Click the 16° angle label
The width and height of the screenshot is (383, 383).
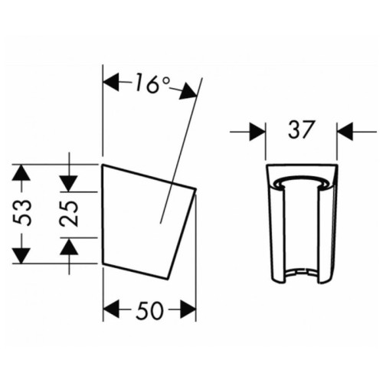pyautogui.click(x=152, y=83)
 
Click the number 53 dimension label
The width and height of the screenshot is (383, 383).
pyautogui.click(x=23, y=213)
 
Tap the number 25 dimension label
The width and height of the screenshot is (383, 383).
pyautogui.click(x=69, y=214)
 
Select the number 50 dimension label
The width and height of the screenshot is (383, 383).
pyautogui.click(x=149, y=310)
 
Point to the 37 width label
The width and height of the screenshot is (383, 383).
pyautogui.click(x=300, y=129)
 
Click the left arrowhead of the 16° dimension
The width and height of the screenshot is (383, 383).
pyautogui.click(x=110, y=82)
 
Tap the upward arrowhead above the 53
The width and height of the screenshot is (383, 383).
pyautogui.click(x=21, y=173)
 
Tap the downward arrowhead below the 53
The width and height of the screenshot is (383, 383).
pyautogui.click(x=21, y=255)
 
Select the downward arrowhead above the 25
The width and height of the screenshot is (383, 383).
pyautogui.click(x=68, y=184)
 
